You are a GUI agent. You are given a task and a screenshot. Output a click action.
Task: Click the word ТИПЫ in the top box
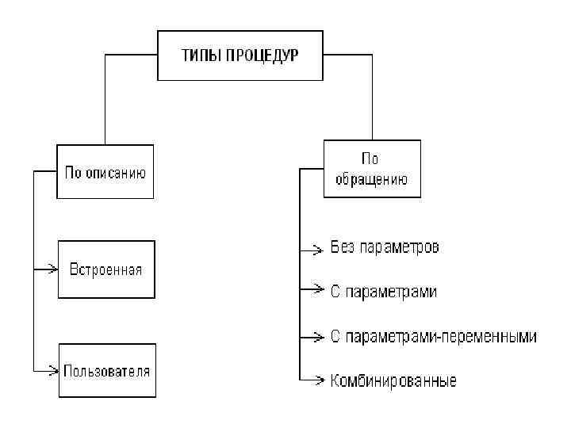(x=200, y=55)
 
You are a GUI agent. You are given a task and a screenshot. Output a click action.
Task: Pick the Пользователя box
(x=107, y=370)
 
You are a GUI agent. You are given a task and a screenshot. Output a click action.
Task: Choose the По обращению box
(x=372, y=169)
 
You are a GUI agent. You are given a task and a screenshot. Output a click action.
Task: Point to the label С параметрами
(x=383, y=292)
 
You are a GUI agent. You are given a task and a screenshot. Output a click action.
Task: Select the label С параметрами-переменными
(x=433, y=336)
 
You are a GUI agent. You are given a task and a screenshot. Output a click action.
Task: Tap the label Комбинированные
(x=393, y=381)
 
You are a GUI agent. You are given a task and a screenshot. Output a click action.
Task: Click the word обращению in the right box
(x=372, y=179)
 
